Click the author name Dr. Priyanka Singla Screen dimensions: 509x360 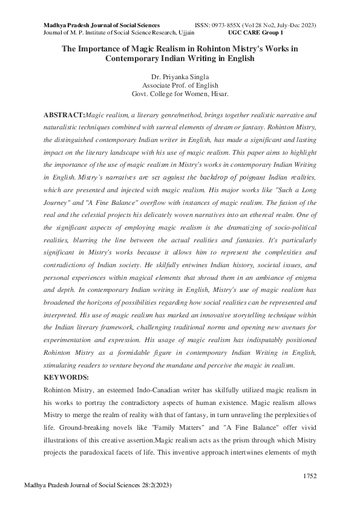(x=180, y=77)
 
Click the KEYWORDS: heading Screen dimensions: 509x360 (x=67, y=377)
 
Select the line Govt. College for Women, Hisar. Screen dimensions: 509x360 (x=180, y=94)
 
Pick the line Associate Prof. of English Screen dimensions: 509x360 (x=180, y=86)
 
